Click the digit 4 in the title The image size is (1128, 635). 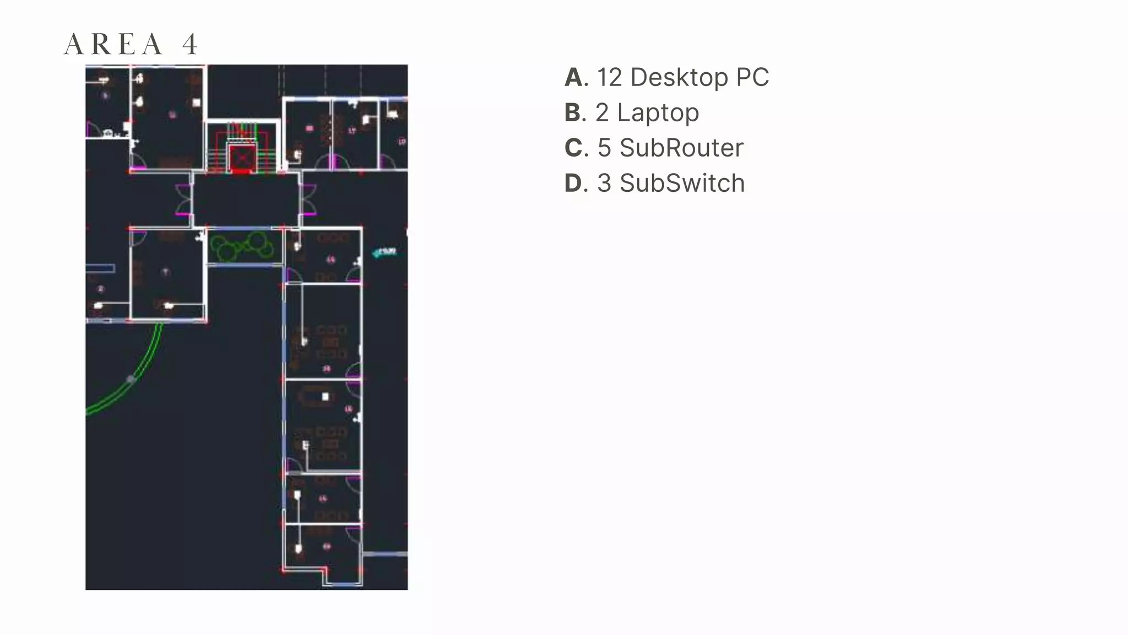[x=190, y=45]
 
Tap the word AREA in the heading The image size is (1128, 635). [x=113, y=45]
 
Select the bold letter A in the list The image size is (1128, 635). [x=575, y=78]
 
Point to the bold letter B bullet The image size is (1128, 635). [x=574, y=113]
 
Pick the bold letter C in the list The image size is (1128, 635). [x=574, y=148]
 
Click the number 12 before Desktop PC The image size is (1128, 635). [x=609, y=78]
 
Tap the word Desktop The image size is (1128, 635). [x=679, y=78]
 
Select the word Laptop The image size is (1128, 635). [x=658, y=113]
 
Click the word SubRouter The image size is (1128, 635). [x=681, y=148]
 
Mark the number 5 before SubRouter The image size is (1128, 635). [x=604, y=148]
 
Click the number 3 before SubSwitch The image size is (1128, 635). [x=604, y=184]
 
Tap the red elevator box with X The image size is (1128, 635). [x=241, y=159]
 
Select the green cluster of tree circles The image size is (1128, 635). [x=242, y=246]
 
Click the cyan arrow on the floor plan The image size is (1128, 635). [x=384, y=252]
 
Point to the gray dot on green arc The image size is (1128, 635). [x=131, y=379]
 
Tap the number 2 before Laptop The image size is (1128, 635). [x=602, y=113]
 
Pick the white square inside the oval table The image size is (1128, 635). [x=326, y=396]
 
